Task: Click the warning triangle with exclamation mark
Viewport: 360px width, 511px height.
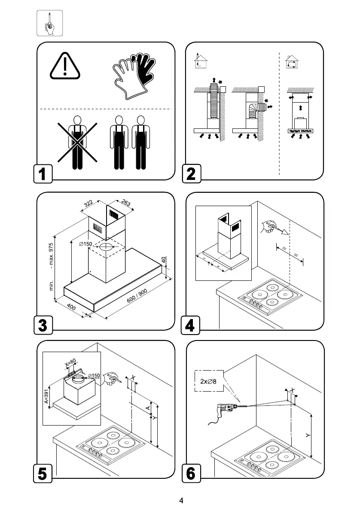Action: (x=65, y=67)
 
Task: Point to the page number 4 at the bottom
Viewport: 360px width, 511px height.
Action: (x=181, y=500)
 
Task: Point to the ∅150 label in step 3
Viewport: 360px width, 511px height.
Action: (x=85, y=244)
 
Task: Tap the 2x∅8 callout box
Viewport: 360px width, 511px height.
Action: (x=209, y=380)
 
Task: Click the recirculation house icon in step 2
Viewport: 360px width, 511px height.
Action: (x=291, y=63)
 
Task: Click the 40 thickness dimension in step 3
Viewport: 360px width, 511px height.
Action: (x=163, y=261)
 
